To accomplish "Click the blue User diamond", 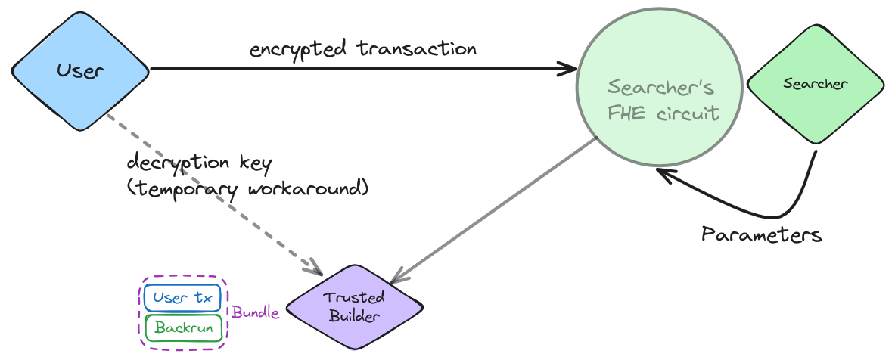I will click(80, 71).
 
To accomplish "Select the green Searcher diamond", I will click(815, 84).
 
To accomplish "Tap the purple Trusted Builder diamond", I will click(354, 306).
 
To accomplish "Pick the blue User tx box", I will click(182, 298).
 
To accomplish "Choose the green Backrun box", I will click(182, 327).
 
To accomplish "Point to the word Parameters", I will click(761, 234).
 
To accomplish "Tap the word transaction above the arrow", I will click(418, 49).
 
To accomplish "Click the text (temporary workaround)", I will click(247, 188).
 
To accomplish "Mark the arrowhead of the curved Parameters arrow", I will click(661, 173).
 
